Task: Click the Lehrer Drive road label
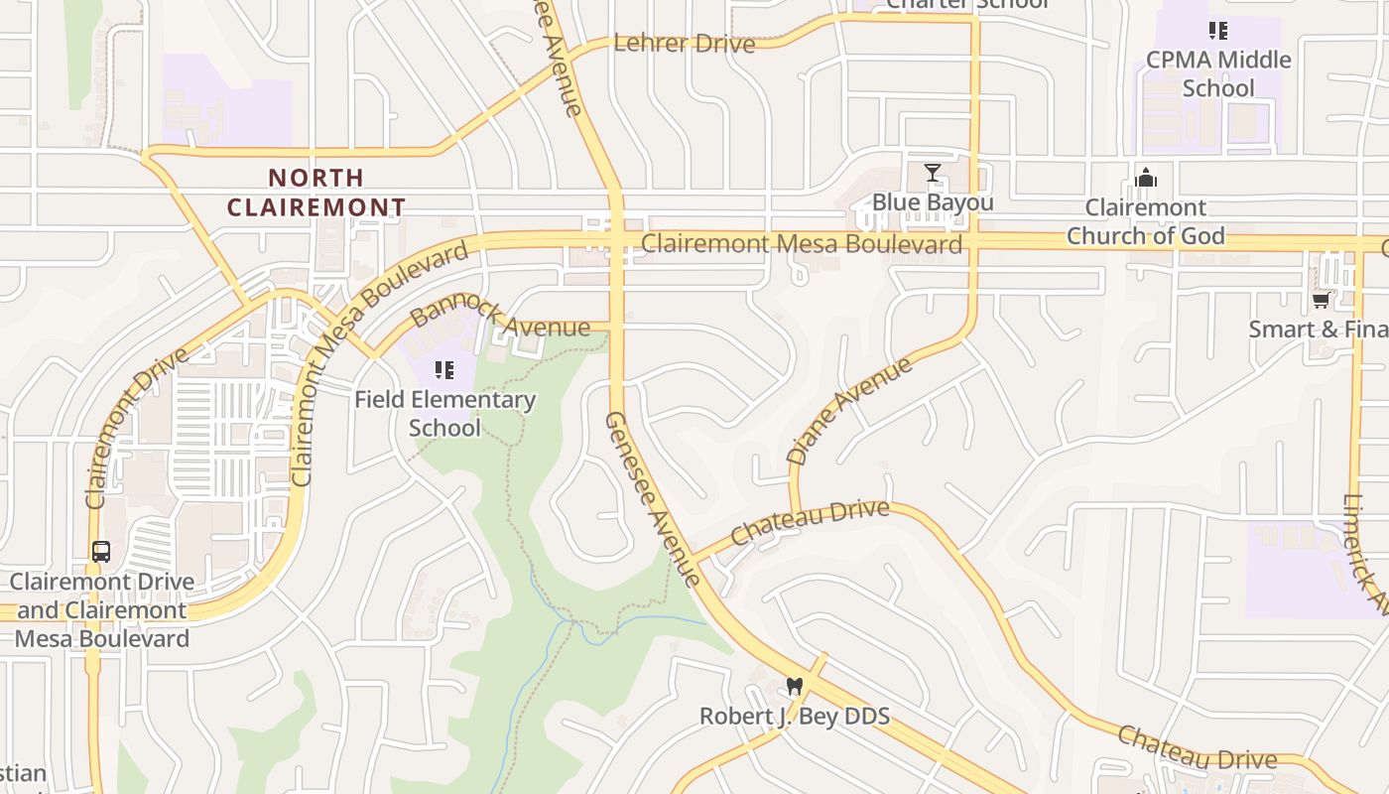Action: pos(684,43)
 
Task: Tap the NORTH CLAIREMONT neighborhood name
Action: pos(316,193)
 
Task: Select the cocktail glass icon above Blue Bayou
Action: pos(933,173)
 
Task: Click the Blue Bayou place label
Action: pos(933,203)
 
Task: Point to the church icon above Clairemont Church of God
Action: pos(1146,179)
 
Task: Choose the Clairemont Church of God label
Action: pos(1146,221)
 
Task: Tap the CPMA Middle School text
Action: pos(1218,73)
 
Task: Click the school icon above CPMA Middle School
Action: pos(1218,31)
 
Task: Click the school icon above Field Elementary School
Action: pos(444,371)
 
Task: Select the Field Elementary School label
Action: pos(445,414)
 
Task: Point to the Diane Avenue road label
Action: pos(848,412)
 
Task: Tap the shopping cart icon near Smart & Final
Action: pos(1321,300)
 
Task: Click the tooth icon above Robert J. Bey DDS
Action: pos(794,686)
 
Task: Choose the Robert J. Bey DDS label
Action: pos(794,716)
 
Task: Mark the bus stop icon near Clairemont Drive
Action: pos(101,552)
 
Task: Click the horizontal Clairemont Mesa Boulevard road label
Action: pos(802,244)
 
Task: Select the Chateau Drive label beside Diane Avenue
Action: pos(810,522)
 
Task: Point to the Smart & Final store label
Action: pos(1318,330)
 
